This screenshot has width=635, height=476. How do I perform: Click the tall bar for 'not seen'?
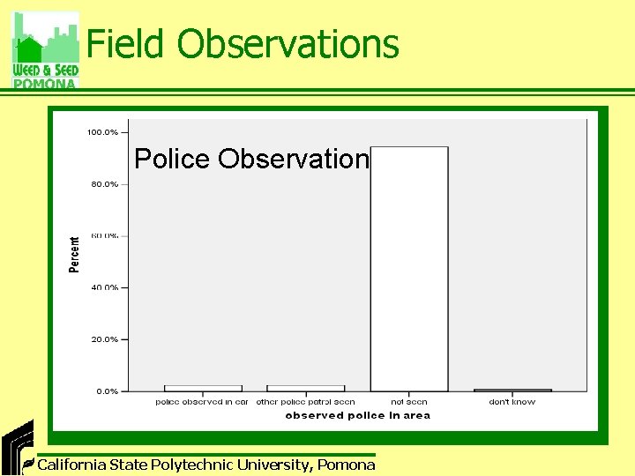pos(408,269)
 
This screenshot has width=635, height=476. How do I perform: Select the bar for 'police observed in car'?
pos(203,388)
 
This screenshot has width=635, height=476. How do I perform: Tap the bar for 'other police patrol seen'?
pos(305,388)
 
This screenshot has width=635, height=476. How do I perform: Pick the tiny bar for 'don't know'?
pos(512,390)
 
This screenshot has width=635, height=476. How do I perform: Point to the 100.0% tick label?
pos(102,132)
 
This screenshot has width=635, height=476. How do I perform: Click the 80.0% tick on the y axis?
pos(104,184)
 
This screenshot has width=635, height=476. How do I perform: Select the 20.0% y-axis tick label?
pos(104,339)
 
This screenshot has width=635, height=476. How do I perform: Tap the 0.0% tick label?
pos(107,390)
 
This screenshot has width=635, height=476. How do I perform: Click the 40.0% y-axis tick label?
pos(104,287)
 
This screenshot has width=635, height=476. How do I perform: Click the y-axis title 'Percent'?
pos(74,254)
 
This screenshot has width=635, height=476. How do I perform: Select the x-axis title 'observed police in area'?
pos(357,415)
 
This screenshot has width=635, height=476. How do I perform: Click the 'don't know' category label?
pos(512,402)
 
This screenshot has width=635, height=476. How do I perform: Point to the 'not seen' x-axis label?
pos(408,402)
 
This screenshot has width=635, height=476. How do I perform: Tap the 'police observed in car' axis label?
pos(202,402)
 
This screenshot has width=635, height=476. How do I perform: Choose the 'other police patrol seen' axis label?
pos(305,402)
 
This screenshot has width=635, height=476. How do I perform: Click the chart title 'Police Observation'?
pos(251,159)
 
